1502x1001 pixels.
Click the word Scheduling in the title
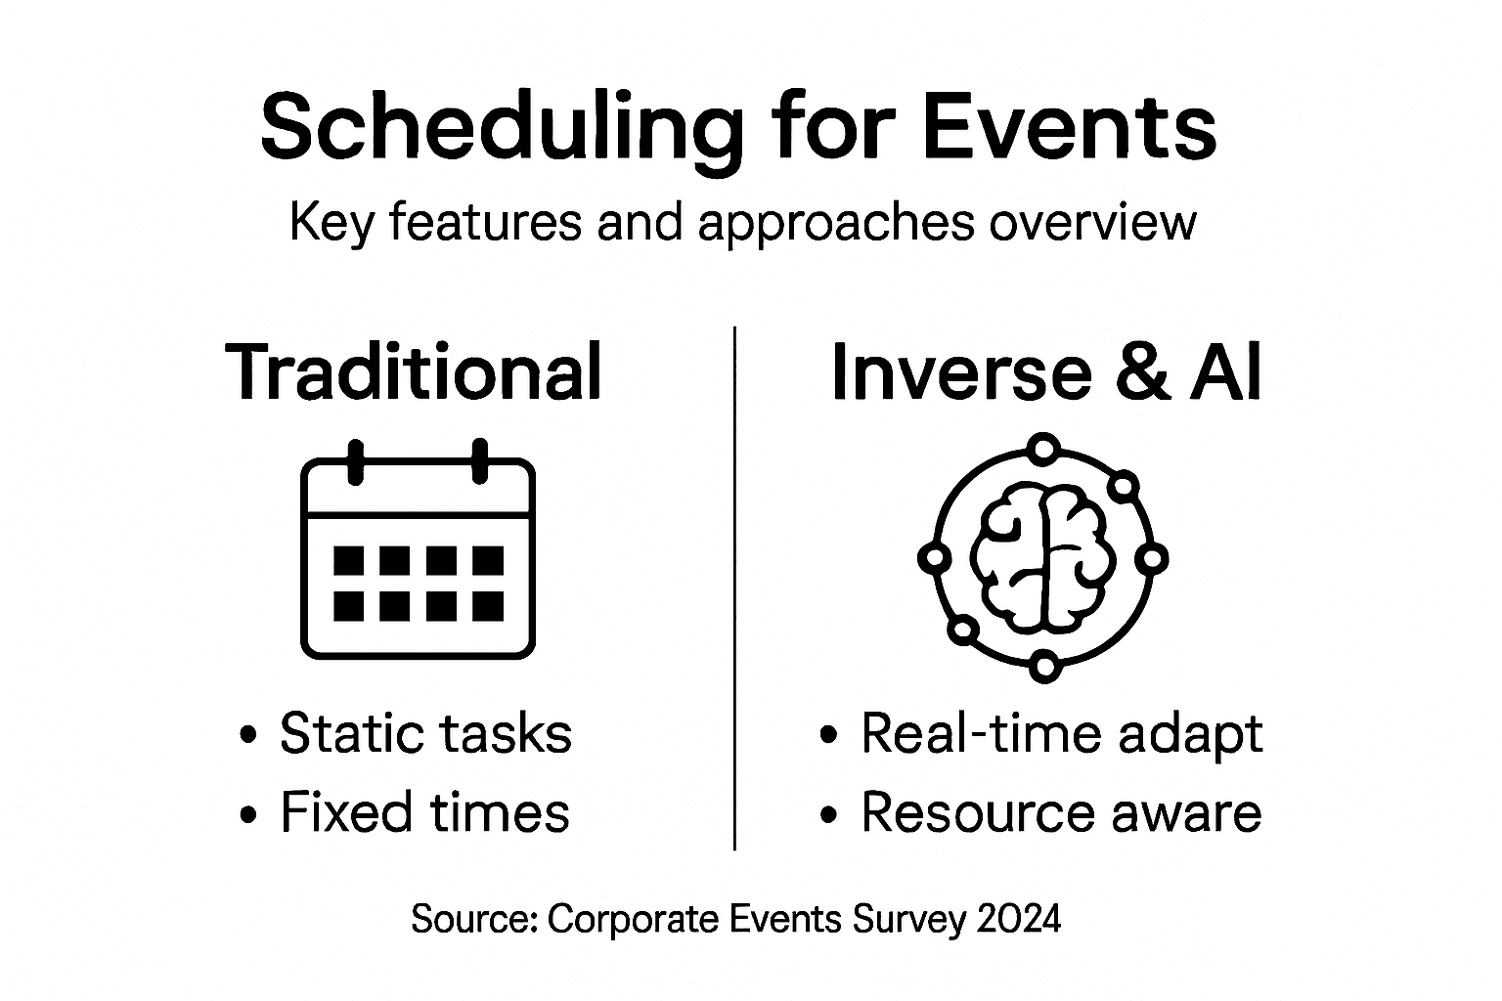(x=502, y=132)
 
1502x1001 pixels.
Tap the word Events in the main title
(x=1069, y=127)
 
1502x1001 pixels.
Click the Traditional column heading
(x=413, y=371)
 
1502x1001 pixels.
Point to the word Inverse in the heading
(x=961, y=372)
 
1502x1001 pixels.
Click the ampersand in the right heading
(x=1144, y=372)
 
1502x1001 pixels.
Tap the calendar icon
(x=418, y=549)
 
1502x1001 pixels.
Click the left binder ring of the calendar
(x=355, y=461)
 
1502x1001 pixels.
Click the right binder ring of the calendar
(x=479, y=461)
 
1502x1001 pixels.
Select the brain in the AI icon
(x=1043, y=558)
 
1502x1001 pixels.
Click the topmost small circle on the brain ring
(x=1044, y=448)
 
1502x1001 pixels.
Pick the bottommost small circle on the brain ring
(x=1044, y=667)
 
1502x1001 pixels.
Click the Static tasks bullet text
(x=425, y=733)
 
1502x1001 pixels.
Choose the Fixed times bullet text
(x=425, y=812)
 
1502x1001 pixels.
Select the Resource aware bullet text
(x=1061, y=812)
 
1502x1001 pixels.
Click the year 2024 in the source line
(x=1019, y=919)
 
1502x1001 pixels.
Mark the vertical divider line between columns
(x=735, y=588)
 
